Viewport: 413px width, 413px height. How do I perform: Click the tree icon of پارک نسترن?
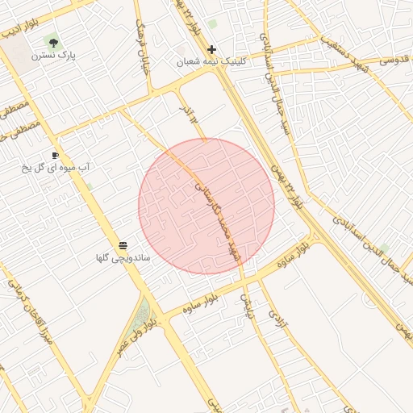click(x=53, y=43)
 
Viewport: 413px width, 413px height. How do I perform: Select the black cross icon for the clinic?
click(x=211, y=49)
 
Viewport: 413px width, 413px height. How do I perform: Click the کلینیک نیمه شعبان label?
click(x=211, y=62)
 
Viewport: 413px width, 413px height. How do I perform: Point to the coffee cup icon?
click(x=55, y=154)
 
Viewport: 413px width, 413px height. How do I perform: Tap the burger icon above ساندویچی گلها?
click(x=123, y=245)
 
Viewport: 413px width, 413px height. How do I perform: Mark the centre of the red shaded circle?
click(x=206, y=206)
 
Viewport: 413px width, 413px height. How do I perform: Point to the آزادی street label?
click(x=276, y=321)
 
